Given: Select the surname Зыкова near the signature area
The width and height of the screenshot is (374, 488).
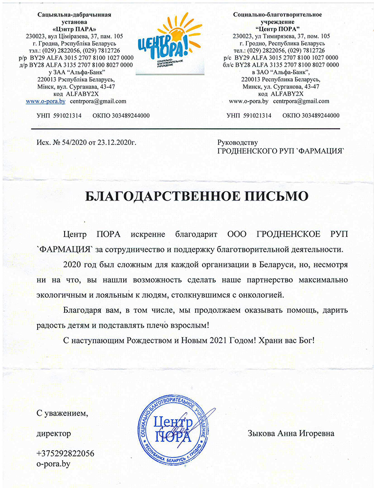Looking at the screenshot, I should (x=262, y=433).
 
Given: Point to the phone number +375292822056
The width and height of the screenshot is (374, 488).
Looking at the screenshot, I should (x=65, y=453).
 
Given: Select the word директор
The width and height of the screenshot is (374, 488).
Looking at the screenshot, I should (x=53, y=433).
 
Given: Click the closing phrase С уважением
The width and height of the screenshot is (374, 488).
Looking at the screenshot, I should (x=63, y=413).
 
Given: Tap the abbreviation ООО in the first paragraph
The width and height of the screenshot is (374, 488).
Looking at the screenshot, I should (x=240, y=234).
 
